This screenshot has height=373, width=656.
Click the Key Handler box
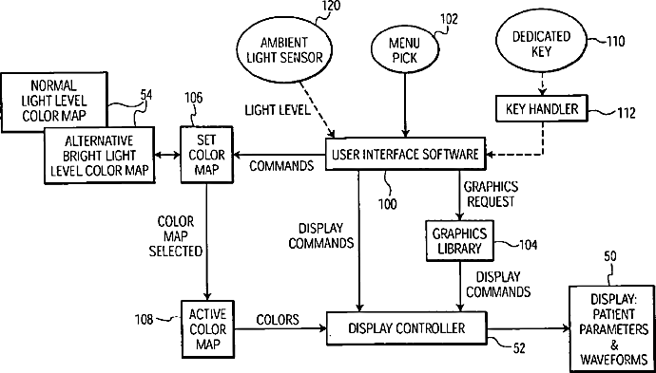(x=541, y=108)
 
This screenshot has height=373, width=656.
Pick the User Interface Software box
(x=405, y=154)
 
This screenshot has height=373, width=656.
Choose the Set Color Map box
(x=206, y=155)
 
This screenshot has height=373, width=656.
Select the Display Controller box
(x=406, y=328)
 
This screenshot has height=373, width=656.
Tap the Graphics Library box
(x=459, y=241)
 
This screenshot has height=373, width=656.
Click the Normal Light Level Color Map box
(x=54, y=101)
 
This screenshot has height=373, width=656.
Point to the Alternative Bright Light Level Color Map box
(x=100, y=156)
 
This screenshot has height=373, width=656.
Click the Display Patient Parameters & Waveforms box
(x=612, y=328)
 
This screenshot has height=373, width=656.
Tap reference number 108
(x=147, y=320)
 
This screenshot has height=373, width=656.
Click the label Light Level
(x=278, y=110)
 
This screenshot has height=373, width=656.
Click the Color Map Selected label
(x=176, y=236)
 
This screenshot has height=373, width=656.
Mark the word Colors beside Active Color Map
(x=278, y=320)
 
